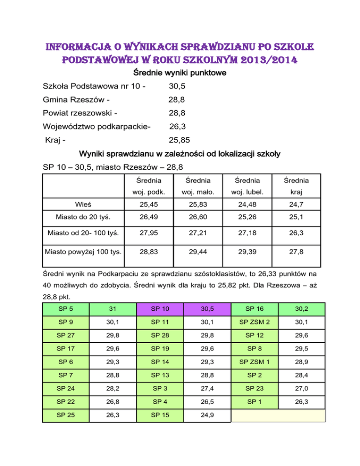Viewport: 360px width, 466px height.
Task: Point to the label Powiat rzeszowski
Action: click(80, 113)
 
